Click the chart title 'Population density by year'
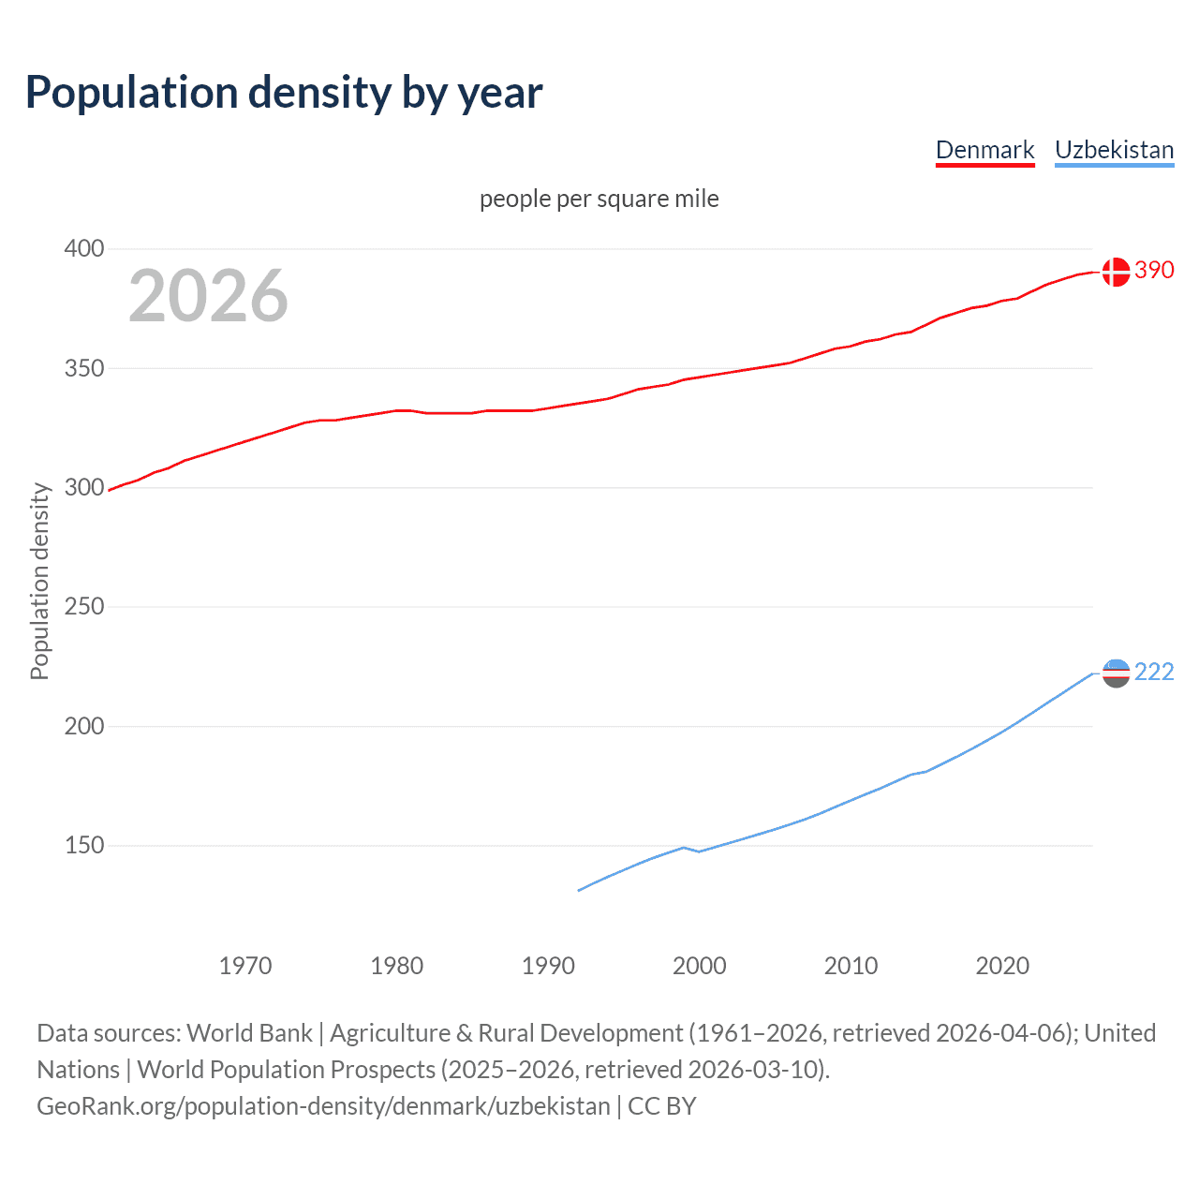[284, 93]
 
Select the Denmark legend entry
[984, 150]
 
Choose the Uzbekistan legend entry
[1114, 150]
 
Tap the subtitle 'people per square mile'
[599, 199]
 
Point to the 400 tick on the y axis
[84, 249]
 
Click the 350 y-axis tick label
[84, 368]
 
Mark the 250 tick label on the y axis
[84, 607]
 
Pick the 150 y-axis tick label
[84, 846]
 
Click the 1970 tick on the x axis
[245, 966]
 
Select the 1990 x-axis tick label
[548, 966]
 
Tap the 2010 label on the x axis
[851, 966]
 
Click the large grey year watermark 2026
[208, 296]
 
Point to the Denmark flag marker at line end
[1116, 272]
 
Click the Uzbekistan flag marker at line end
[1116, 673]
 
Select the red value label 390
[1154, 271]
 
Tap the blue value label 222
[1154, 673]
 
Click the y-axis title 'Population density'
[39, 581]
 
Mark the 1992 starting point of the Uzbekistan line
[579, 890]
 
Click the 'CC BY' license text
[662, 1106]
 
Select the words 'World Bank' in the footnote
[249, 1033]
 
